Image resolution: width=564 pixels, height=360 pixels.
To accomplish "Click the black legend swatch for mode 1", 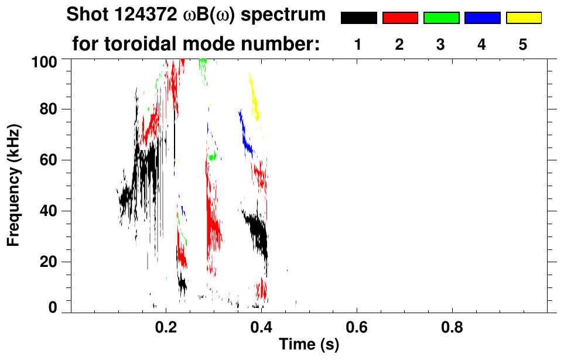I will click(358, 18).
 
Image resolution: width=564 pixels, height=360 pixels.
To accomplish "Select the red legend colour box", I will click(400, 18).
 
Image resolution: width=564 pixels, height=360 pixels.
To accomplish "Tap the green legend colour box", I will click(441, 18).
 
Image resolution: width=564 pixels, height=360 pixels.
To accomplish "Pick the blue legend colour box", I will click(482, 18).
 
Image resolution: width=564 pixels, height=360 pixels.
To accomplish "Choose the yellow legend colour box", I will click(523, 18).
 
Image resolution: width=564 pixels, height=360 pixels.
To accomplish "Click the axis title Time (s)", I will click(309, 345).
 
